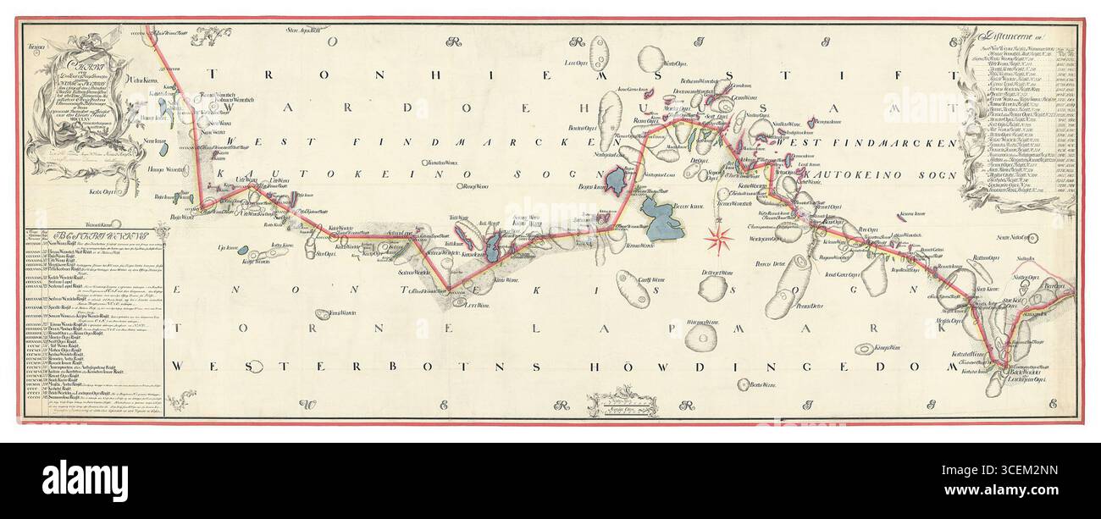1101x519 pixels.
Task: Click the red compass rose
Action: [x=721, y=240]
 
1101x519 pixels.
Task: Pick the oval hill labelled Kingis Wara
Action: [x=863, y=349]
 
